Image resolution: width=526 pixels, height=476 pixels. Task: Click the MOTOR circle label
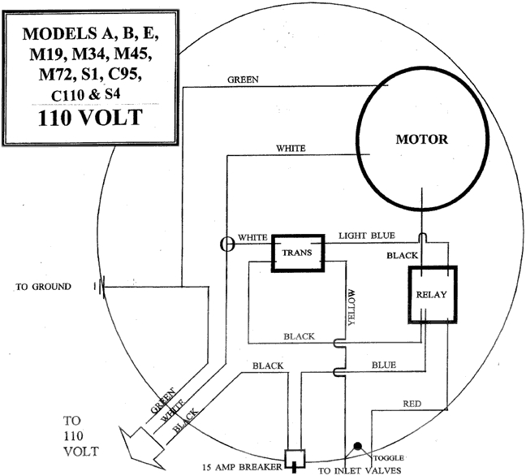tap(420, 139)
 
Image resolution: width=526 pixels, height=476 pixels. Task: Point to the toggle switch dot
tap(356, 447)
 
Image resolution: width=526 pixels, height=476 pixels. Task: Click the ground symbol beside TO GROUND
tap(100, 286)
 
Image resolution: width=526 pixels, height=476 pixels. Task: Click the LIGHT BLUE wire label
tap(365, 235)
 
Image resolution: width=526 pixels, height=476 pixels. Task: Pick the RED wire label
tap(412, 404)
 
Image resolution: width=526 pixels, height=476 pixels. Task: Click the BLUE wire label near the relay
tap(383, 366)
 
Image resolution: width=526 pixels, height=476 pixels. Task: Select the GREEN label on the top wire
tap(243, 80)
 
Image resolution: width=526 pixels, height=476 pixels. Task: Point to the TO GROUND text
tap(43, 287)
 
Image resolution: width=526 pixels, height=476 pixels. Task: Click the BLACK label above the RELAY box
tap(403, 255)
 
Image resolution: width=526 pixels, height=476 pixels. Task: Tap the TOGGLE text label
tap(387, 457)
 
